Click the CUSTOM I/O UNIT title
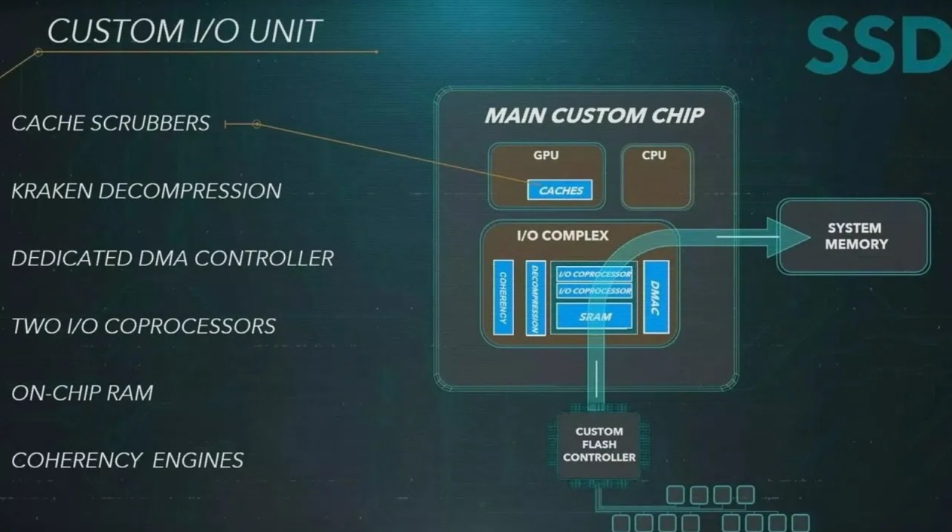click(x=184, y=31)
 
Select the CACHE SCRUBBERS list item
click(x=111, y=123)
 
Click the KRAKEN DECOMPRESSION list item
click(x=147, y=191)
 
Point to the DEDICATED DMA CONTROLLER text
click(x=173, y=259)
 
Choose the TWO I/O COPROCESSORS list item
click(x=144, y=326)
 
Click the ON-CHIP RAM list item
click(x=83, y=393)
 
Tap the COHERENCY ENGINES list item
click(x=128, y=461)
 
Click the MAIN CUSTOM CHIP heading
click(x=594, y=116)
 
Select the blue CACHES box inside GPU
click(x=560, y=190)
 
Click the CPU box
click(x=656, y=176)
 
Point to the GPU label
click(x=546, y=156)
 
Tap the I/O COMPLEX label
click(x=562, y=236)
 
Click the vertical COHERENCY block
click(x=504, y=297)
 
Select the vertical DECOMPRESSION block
click(x=535, y=297)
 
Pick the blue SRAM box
click(x=594, y=317)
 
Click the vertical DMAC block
click(x=656, y=296)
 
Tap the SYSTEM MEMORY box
click(x=855, y=236)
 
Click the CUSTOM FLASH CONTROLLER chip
click(x=599, y=444)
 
